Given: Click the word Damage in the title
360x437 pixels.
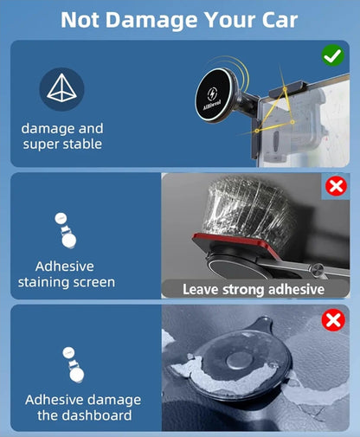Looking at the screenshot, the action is (x=151, y=20).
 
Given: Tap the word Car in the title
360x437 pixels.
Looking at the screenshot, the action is (x=280, y=20).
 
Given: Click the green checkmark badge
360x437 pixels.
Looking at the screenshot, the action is (x=332, y=55).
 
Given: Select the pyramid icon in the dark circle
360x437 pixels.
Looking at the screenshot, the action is (x=61, y=88).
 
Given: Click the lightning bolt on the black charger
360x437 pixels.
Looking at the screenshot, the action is (x=213, y=94).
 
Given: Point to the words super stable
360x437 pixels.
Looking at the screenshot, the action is (x=62, y=144).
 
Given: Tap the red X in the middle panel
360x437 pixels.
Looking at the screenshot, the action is (x=336, y=186).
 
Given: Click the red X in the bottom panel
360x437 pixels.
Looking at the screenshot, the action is (x=333, y=320).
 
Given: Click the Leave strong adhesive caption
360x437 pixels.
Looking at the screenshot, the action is (x=254, y=289).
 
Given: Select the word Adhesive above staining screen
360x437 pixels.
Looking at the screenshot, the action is (x=65, y=267).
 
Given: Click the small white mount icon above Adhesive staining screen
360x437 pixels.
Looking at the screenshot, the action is (x=66, y=230).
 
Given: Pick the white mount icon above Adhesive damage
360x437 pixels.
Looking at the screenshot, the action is (x=74, y=365).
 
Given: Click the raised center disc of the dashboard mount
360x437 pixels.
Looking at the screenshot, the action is (x=240, y=361).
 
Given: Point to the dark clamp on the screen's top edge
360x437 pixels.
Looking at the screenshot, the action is (x=288, y=88).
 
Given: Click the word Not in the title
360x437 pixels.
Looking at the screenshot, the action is (x=80, y=20).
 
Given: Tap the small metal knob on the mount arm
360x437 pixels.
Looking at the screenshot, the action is (x=317, y=269).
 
